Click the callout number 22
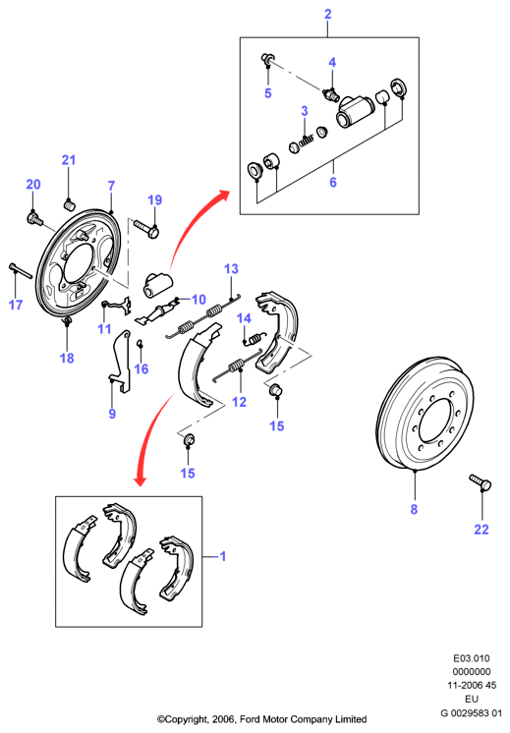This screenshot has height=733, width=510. pos(482,530)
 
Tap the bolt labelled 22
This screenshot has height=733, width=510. pos(481,482)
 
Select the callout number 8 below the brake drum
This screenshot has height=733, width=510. pos(414,509)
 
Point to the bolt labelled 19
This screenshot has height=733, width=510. pos(146,228)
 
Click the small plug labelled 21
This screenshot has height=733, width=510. pos(69,204)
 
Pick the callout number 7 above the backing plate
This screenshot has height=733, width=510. pos(111,186)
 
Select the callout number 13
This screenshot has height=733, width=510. pos(231,269)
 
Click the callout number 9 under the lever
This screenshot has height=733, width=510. pos(112,414)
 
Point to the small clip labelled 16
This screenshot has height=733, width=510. pos(140,344)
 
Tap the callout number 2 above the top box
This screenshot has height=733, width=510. pos(327,14)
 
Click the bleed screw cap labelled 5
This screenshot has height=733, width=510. pos(268,59)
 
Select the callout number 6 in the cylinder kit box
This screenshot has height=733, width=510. pos(333,182)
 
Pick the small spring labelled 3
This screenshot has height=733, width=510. pos(306,141)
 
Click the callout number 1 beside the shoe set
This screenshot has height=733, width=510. pos(223,556)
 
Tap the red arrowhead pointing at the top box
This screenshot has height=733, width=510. pos(223,196)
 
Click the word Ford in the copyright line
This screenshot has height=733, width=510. pos(250,719)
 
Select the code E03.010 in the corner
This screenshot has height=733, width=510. pos(472,658)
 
